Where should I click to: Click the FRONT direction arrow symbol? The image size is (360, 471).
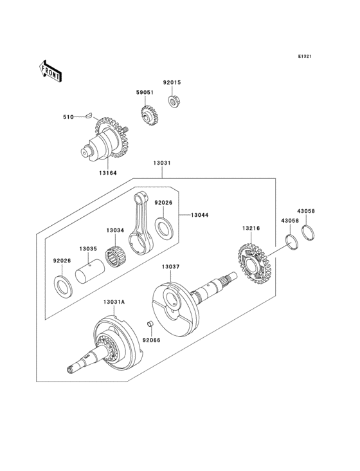(51, 70)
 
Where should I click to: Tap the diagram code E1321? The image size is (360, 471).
(304, 57)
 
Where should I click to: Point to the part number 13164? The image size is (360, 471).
(107, 171)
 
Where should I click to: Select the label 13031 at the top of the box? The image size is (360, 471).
(161, 163)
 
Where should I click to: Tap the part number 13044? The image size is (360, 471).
(199, 215)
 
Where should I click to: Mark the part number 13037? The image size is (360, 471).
(171, 266)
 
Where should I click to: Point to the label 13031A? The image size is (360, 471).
(115, 301)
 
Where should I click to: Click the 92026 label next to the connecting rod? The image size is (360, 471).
(163, 203)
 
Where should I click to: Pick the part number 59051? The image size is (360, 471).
(145, 93)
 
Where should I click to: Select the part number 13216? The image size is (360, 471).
(251, 228)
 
